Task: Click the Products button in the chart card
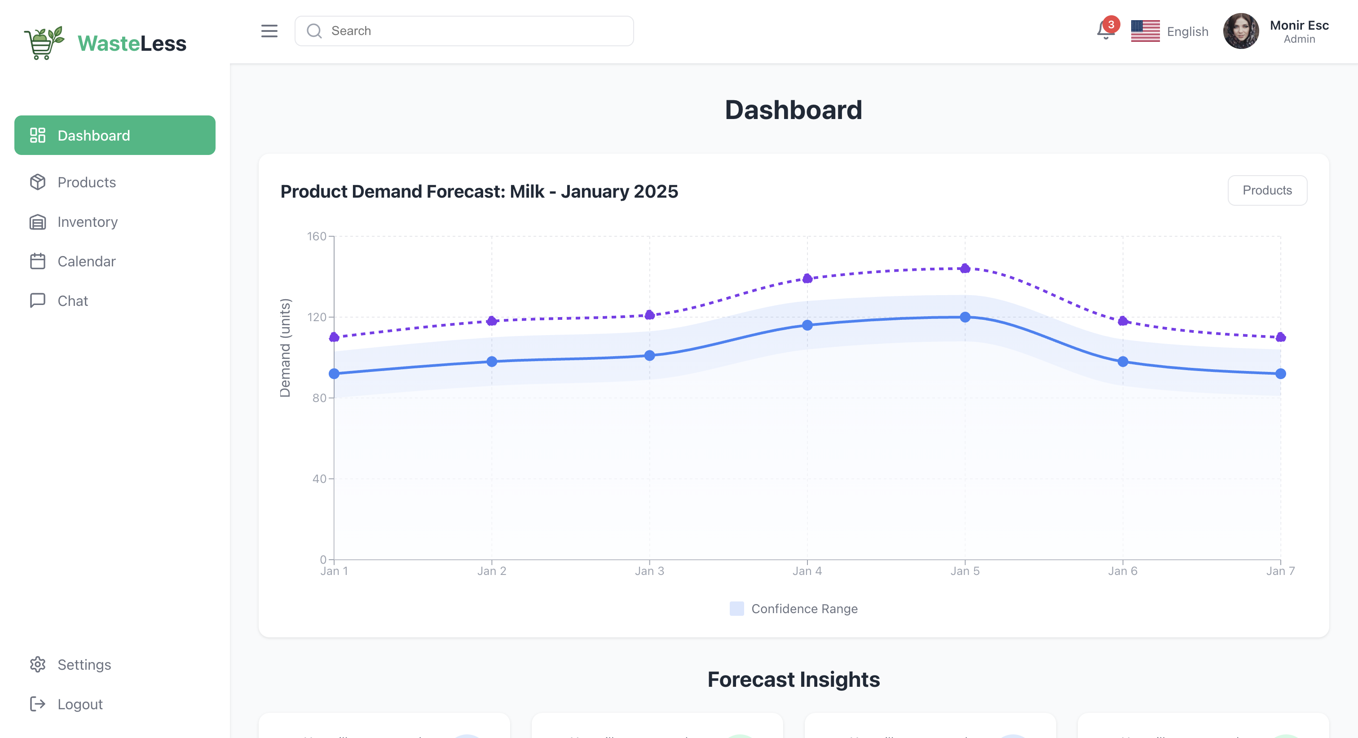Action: coord(1267,190)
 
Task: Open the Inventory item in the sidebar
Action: coord(87,222)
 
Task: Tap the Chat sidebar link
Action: coord(72,301)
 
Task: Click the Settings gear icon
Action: coord(37,664)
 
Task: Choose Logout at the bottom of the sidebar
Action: coord(79,704)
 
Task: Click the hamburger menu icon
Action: coord(269,31)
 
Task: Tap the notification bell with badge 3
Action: coord(1106,30)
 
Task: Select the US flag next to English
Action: coord(1145,31)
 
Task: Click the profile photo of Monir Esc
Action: coord(1240,31)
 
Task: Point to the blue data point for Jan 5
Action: coord(965,317)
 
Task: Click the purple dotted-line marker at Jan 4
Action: coord(807,278)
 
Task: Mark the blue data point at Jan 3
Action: coord(649,356)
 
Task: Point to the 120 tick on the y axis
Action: coord(317,317)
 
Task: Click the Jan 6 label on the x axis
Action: coord(1122,571)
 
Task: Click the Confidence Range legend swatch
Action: coord(736,609)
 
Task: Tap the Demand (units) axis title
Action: coord(285,348)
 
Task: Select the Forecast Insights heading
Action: coord(794,680)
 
